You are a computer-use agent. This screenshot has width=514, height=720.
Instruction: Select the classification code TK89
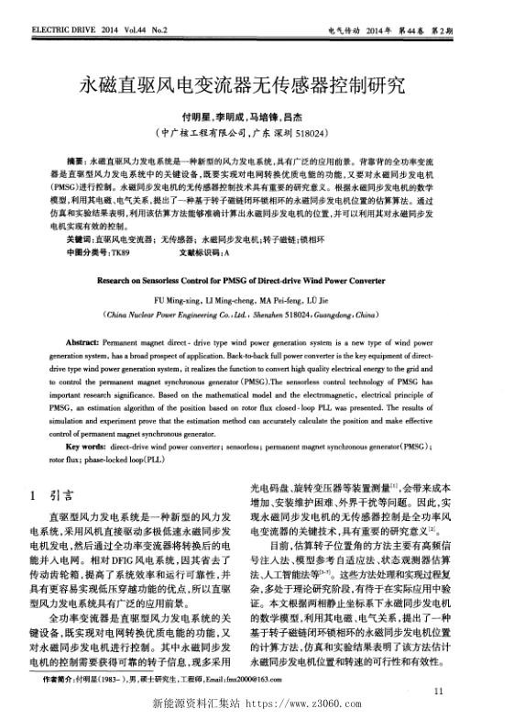pos(121,251)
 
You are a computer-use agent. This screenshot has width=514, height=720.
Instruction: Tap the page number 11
pos(439,689)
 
